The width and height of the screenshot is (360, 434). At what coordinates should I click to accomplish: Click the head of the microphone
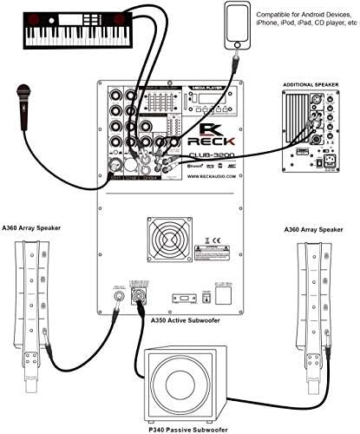[22, 89]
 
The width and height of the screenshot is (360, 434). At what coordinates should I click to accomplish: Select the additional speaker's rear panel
[311, 134]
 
